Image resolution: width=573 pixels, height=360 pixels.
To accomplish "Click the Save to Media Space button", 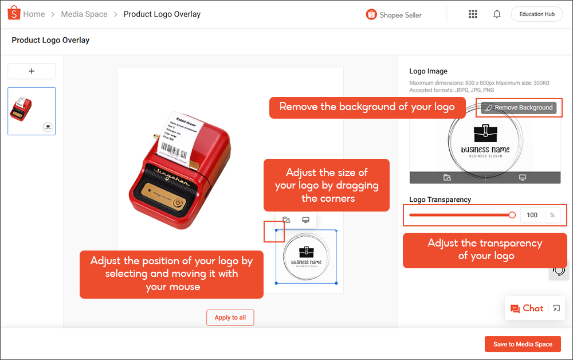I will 523,344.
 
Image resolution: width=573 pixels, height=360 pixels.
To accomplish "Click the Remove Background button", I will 519,108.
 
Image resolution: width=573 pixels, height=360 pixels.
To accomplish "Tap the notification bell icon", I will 497,14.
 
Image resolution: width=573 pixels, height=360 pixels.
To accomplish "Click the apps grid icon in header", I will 473,14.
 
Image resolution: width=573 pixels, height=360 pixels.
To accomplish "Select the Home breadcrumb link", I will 34,14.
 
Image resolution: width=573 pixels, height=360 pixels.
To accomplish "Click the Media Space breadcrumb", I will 84,14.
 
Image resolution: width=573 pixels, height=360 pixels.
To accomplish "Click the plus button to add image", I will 32,71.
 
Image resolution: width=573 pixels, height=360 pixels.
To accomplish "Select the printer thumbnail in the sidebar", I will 32,111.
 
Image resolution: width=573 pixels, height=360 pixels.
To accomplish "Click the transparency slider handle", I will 512,215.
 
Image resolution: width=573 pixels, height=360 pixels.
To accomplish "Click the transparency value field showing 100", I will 532,215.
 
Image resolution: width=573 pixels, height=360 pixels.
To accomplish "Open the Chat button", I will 527,308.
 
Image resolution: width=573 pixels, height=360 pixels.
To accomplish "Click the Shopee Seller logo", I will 394,15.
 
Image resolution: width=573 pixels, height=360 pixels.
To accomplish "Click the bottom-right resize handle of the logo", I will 336,283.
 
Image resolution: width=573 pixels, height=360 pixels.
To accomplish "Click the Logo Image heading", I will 428,72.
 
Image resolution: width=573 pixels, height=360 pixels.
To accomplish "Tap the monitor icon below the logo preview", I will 523,178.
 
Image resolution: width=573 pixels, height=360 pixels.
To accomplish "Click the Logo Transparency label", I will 440,199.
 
